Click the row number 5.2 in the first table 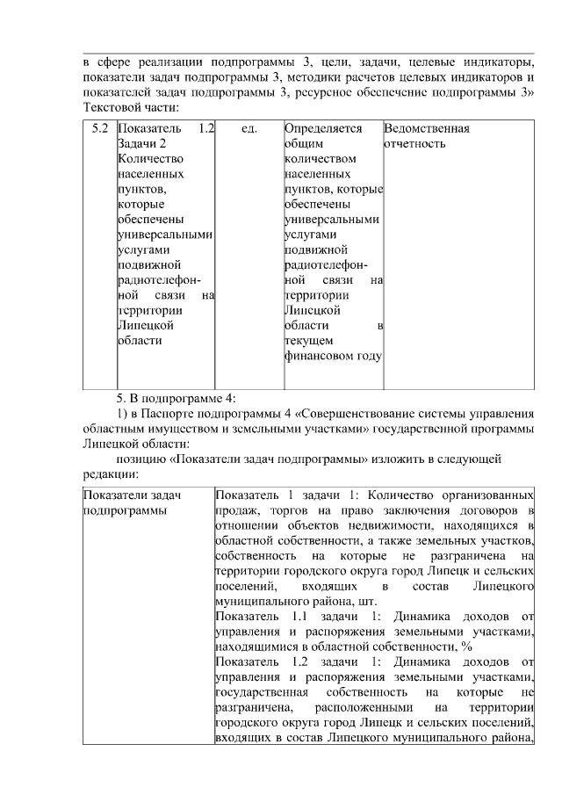pyautogui.click(x=100, y=129)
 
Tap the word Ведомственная pyautogui.click(x=427, y=129)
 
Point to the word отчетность pyautogui.click(x=415, y=144)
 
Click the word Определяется pyautogui.click(x=323, y=129)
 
